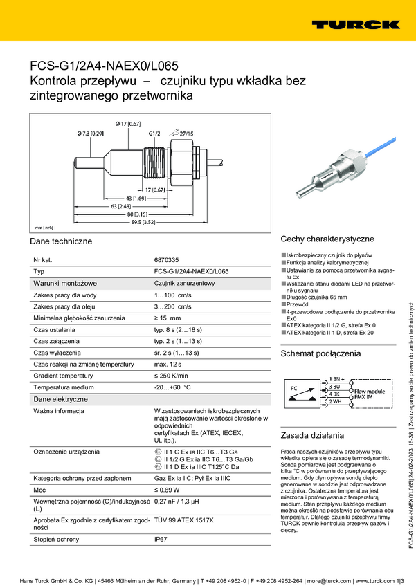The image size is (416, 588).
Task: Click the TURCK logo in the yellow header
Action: click(355, 25)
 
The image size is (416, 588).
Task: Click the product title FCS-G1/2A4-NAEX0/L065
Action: click(104, 66)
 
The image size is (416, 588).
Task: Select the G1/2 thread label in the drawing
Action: click(154, 133)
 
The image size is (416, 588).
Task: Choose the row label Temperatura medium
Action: click(63, 387)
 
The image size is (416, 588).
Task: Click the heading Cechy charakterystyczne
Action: click(327, 239)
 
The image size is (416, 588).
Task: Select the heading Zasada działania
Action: click(311, 437)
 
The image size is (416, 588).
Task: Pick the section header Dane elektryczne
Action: click(61, 399)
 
